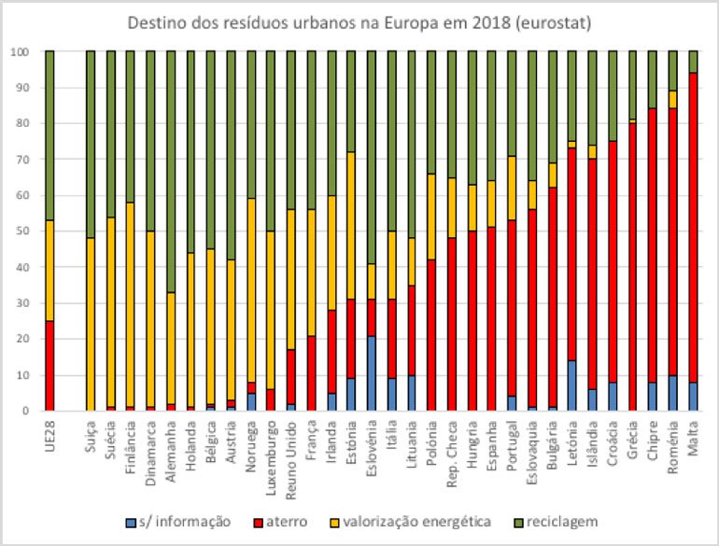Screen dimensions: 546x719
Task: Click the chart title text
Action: (359, 21)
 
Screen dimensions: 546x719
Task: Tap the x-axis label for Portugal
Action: (512, 446)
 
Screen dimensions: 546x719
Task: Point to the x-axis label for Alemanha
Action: (171, 444)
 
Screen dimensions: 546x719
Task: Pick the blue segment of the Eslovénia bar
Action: (372, 373)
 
